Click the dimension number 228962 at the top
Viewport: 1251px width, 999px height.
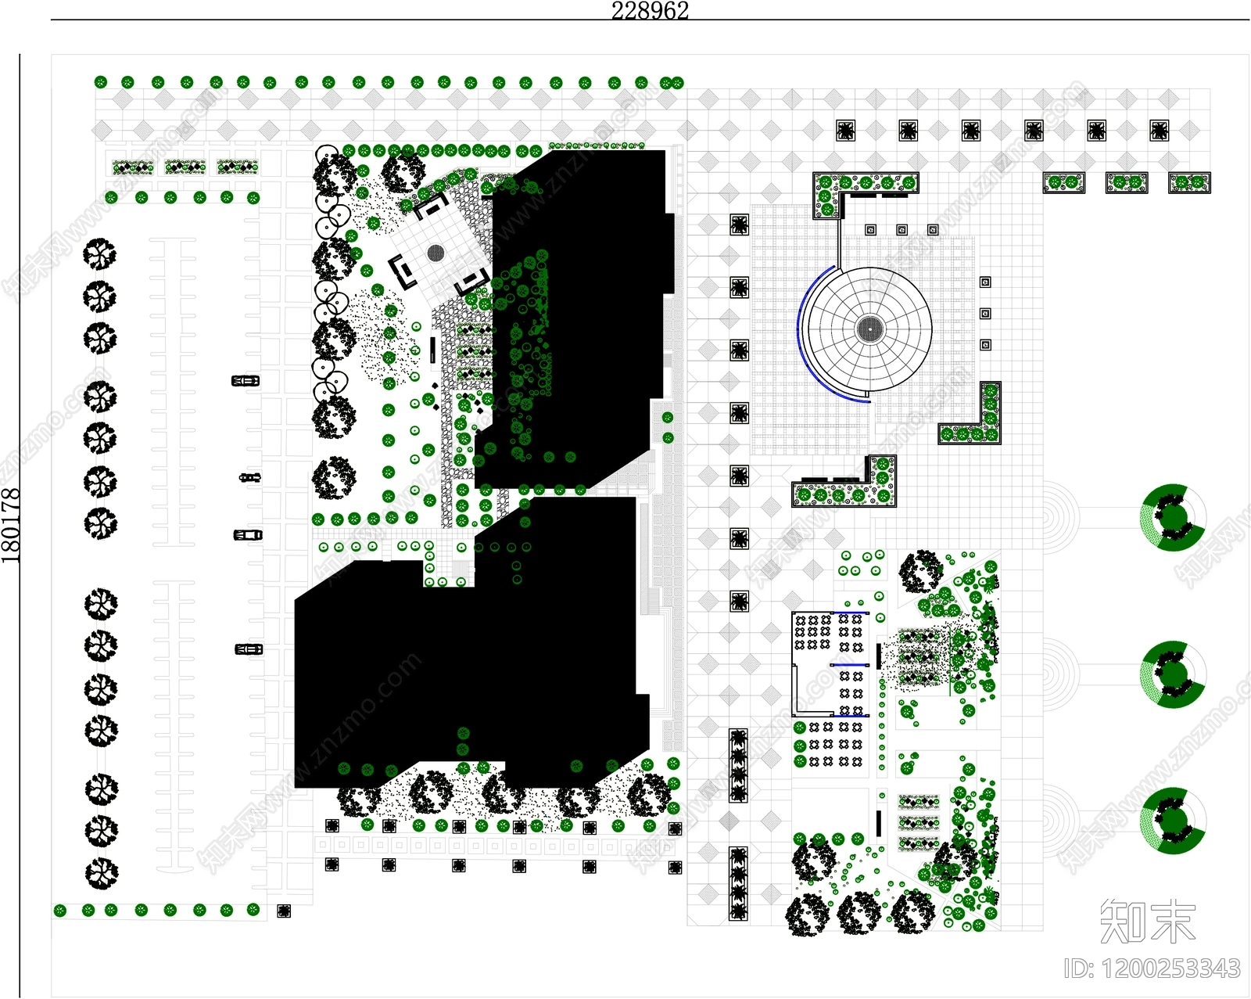(x=650, y=11)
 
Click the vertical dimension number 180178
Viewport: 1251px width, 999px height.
(x=11, y=525)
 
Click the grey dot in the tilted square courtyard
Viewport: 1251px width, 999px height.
(x=436, y=253)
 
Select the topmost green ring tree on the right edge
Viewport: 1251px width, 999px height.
(x=1172, y=517)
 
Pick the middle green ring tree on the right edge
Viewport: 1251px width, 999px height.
(x=1172, y=674)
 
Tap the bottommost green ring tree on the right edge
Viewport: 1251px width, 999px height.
(x=1172, y=820)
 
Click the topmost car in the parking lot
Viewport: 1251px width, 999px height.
(x=246, y=381)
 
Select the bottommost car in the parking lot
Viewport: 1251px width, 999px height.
(x=249, y=649)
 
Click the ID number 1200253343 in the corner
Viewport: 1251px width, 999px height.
(x=1152, y=969)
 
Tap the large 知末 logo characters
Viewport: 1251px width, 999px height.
(x=1148, y=921)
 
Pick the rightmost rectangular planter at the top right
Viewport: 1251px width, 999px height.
(x=1189, y=183)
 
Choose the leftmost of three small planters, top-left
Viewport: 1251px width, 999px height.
(x=133, y=167)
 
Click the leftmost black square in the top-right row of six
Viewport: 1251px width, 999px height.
(x=845, y=130)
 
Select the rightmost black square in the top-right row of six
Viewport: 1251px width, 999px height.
(x=1159, y=130)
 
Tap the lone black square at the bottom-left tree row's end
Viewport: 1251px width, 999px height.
(x=284, y=911)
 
